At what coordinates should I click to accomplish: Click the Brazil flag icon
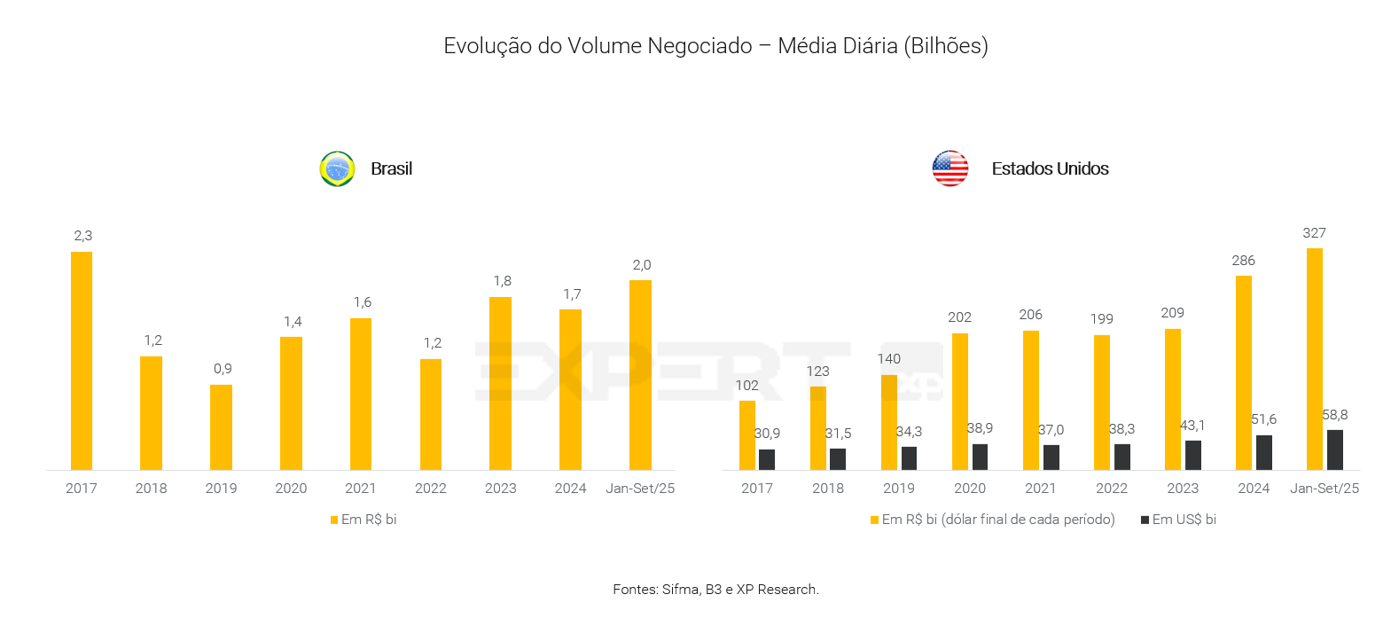pos(337,168)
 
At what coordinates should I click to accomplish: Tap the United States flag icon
pos(949,168)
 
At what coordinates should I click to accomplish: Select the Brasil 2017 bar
pos(82,360)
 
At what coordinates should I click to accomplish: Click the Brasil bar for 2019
pos(221,426)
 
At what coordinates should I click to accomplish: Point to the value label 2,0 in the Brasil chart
pos(642,265)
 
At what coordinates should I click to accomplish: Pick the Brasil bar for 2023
pos(500,383)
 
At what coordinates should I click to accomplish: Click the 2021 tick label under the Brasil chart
pos(361,489)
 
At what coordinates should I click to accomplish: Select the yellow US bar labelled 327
pos(1314,358)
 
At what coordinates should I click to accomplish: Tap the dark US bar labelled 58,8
pos(1334,450)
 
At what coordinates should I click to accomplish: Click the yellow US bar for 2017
pos(747,434)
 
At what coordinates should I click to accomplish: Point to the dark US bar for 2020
pos(980,457)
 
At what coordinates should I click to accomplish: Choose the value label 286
pos(1243,261)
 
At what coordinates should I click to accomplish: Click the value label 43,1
pos(1192,426)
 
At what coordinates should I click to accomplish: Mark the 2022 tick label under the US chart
pos(1112,489)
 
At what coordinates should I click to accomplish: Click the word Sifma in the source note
pos(680,590)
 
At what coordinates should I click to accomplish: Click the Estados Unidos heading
pos(1050,168)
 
